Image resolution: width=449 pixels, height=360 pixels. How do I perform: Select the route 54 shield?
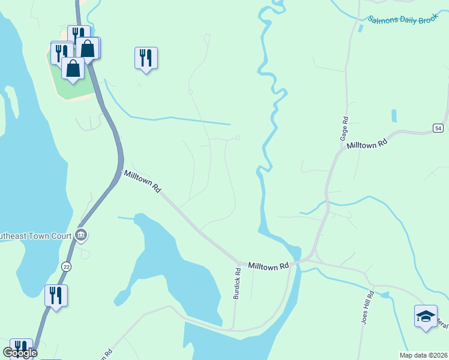(438, 128)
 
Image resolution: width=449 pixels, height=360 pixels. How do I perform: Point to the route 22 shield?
(65, 264)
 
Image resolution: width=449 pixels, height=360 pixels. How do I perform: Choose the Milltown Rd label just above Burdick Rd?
(268, 265)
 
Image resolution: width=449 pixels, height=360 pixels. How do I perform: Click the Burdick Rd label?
(238, 280)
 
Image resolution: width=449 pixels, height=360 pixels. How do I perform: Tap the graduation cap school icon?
(426, 316)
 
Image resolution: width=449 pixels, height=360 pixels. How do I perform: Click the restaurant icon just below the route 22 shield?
(56, 295)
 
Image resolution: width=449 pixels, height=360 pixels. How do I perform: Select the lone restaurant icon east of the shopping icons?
(146, 58)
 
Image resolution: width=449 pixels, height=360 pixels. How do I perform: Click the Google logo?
(20, 353)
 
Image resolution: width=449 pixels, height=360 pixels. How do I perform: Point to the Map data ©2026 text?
(423, 355)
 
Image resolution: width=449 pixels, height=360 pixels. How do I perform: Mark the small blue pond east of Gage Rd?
(393, 115)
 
